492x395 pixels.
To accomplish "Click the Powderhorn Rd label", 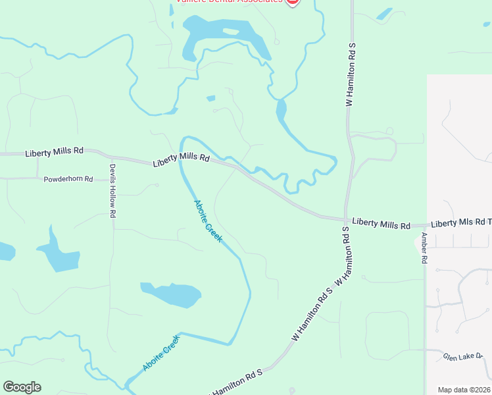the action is (x=68, y=179).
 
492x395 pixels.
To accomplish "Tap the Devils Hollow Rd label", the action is (x=112, y=191).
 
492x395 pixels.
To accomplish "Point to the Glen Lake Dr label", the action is (x=462, y=356).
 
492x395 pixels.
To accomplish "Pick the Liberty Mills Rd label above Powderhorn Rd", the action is (x=54, y=152).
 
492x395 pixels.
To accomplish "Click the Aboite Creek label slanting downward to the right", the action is (x=208, y=220).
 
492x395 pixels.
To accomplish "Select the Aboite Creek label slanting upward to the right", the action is (x=160, y=352).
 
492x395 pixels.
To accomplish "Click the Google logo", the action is (x=22, y=387).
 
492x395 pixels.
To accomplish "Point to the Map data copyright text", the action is (x=464, y=390).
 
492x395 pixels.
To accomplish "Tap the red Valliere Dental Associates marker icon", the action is (x=292, y=2).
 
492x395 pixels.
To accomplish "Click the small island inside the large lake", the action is (x=230, y=32).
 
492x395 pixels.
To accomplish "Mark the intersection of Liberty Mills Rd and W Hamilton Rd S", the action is (x=345, y=220).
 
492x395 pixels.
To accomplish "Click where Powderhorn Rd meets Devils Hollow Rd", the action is (x=112, y=178).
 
